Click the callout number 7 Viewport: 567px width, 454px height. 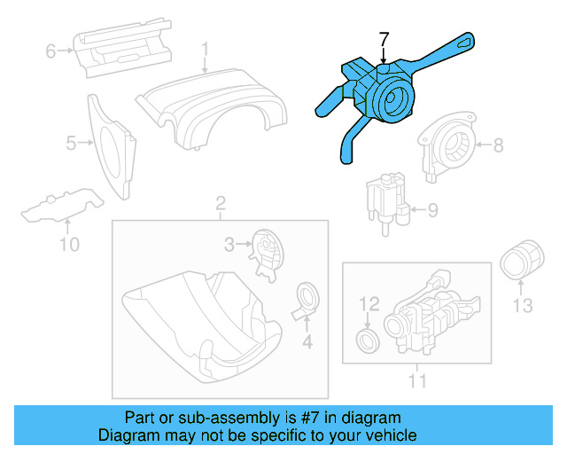(384, 40)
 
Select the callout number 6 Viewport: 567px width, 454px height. (50, 51)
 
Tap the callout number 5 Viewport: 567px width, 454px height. (70, 141)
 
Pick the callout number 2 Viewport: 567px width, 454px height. (220, 207)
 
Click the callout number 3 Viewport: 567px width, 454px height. (228, 243)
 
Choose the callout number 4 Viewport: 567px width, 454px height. (307, 341)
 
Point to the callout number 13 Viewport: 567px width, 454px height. (523, 306)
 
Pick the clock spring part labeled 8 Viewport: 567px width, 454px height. (450, 147)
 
